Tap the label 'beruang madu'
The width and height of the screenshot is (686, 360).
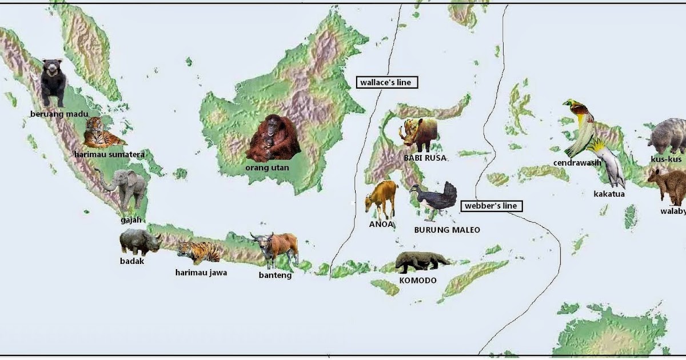pyautogui.click(x=59, y=114)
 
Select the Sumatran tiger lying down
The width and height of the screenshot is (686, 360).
pyautogui.click(x=103, y=133)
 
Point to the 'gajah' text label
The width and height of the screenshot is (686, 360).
pyautogui.click(x=131, y=219)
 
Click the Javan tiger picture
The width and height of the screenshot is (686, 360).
pyautogui.click(x=198, y=251)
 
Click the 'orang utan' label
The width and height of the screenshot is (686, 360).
pyautogui.click(x=267, y=168)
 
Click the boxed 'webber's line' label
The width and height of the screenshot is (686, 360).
pyautogui.click(x=490, y=206)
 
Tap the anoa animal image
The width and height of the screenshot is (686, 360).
pyautogui.click(x=382, y=198)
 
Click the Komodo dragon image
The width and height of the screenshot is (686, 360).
pyautogui.click(x=422, y=262)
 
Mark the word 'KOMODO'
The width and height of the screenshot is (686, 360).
pyautogui.click(x=418, y=281)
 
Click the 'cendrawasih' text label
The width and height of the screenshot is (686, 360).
pyautogui.click(x=577, y=163)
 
